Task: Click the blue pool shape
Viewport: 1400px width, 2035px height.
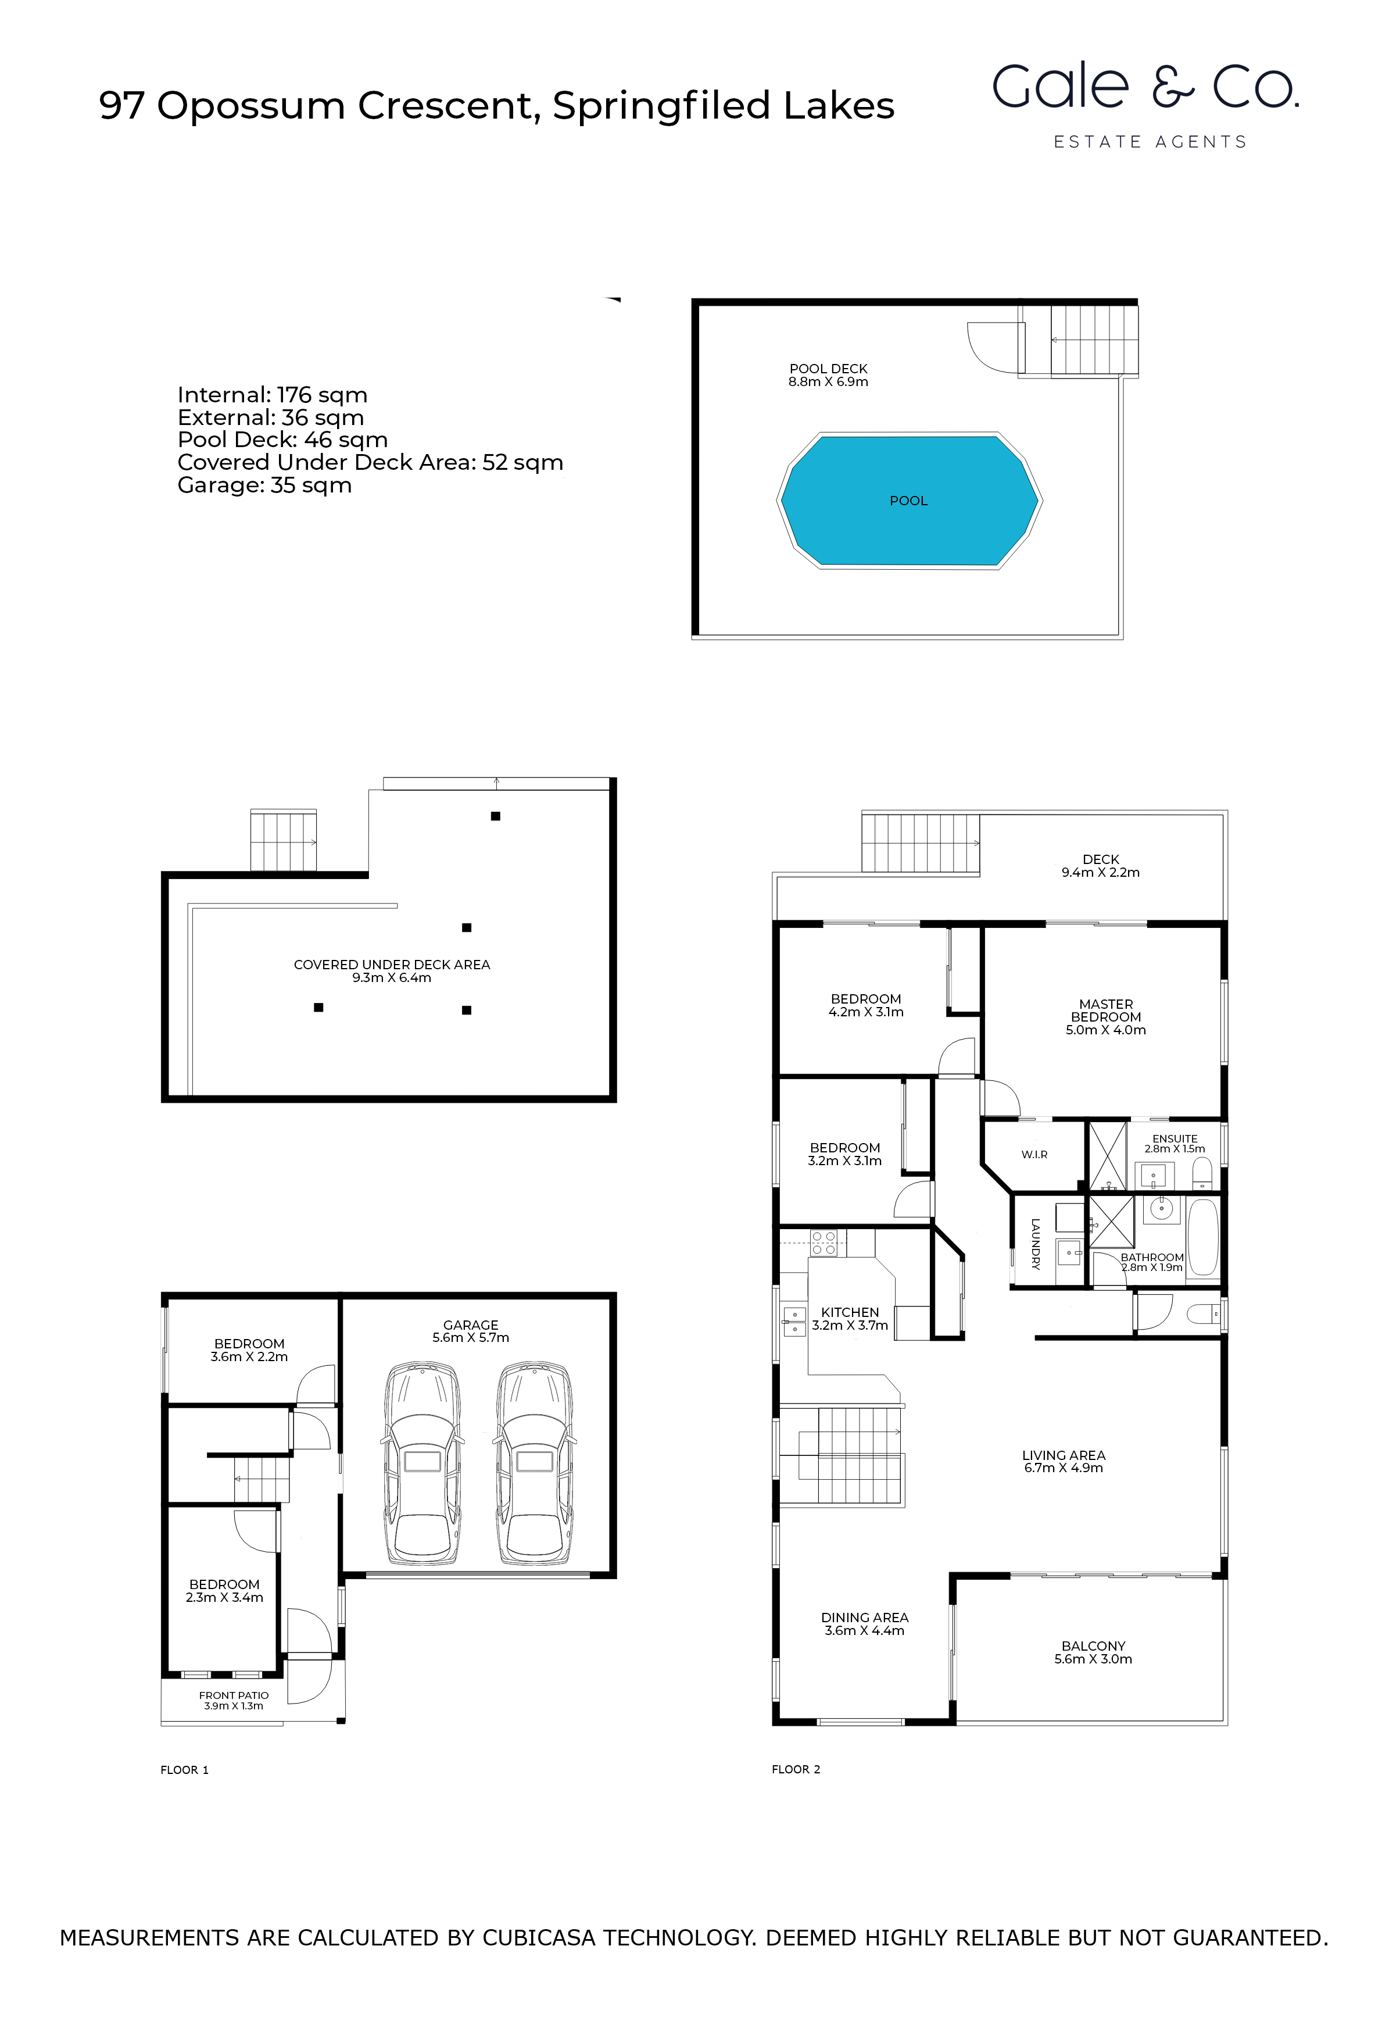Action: coord(910,500)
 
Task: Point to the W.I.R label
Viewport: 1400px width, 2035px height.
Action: coord(1034,1155)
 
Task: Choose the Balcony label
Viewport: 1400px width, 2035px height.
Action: coord(1093,1646)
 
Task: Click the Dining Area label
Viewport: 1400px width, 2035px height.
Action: coord(864,1618)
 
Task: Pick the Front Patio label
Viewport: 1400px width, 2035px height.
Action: coord(234,1695)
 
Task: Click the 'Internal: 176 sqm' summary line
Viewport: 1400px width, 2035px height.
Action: coord(272,395)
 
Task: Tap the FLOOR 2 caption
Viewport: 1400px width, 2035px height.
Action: coord(796,1769)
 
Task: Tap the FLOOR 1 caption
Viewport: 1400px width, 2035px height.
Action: coord(184,1770)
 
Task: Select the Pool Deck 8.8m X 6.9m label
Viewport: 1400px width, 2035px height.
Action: coord(828,374)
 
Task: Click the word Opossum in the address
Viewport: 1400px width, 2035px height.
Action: coord(251,106)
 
